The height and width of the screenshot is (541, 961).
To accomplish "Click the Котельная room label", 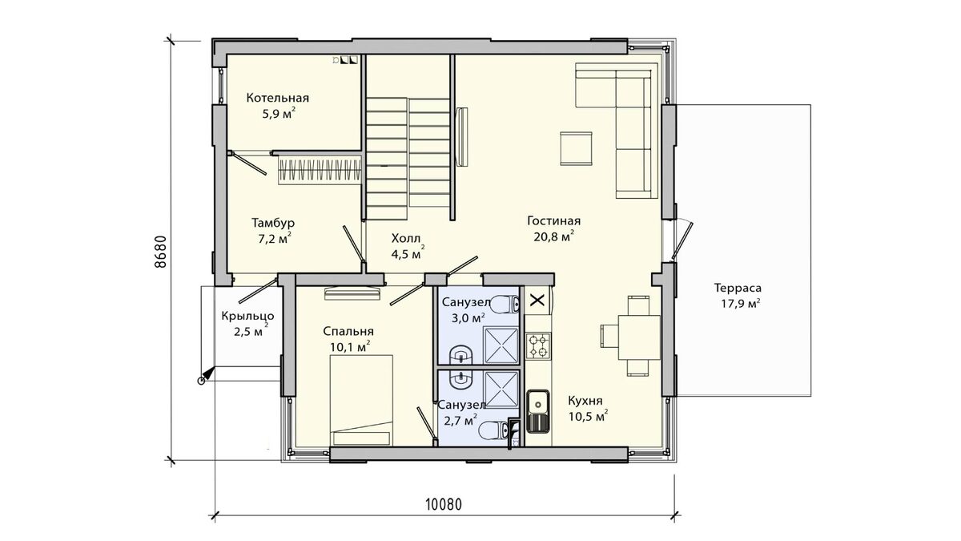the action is pos(278,98).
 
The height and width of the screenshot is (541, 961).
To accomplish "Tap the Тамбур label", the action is pos(273,224).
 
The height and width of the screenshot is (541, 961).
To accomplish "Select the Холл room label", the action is pos(406,238).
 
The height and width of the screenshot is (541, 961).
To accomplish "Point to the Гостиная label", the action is pos(554,220).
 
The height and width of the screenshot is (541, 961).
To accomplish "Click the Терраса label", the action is pos(738,288).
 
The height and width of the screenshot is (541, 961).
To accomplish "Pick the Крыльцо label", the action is pos(247,317).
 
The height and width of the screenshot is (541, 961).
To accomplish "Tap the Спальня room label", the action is pos(348,332).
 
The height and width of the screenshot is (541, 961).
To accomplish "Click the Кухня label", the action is pos(585,401).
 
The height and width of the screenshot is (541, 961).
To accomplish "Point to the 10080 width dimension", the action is pos(444,504).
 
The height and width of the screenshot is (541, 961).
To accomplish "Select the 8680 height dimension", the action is pos(160,252).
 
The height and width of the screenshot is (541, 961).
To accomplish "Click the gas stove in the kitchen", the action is pos(538,346).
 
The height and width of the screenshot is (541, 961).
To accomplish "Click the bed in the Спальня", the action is pos(361,400).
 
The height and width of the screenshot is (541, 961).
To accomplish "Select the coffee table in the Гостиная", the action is pos(576,148).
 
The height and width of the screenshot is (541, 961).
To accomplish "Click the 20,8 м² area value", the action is pos(554,236).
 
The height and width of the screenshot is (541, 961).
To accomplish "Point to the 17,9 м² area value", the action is pos(741,304).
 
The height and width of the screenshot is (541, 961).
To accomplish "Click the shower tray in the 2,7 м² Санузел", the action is pos(501,390).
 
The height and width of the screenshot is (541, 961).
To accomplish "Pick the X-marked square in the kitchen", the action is pos(537,300).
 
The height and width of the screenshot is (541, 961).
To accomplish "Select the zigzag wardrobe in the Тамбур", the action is pos(320,170).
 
